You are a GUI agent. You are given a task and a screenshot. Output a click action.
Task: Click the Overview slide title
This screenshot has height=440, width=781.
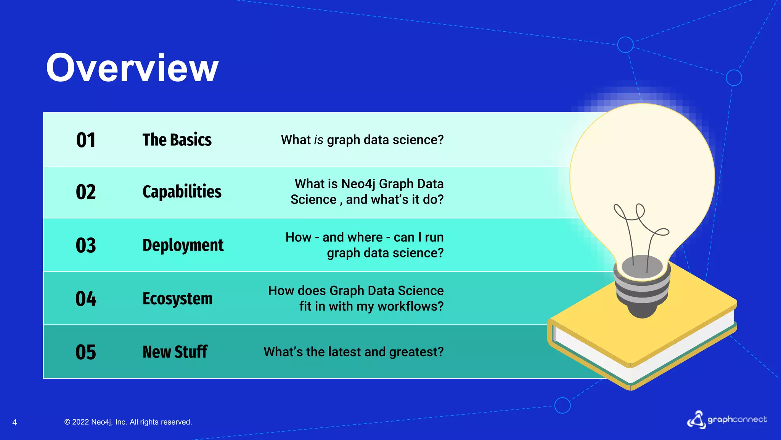[x=132, y=68]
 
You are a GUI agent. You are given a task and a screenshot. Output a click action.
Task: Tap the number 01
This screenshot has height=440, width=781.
[x=86, y=140]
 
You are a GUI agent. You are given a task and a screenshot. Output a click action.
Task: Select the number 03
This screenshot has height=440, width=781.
[x=86, y=245]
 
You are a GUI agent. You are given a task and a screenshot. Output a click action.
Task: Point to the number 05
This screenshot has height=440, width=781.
[x=86, y=352]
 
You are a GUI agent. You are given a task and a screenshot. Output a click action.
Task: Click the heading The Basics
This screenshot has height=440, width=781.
[x=177, y=140]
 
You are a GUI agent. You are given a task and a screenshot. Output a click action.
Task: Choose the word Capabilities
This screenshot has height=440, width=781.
[x=182, y=192]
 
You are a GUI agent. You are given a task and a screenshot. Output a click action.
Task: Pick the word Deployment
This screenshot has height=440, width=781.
[x=183, y=245]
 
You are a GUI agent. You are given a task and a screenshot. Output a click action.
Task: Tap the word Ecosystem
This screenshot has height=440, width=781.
[x=177, y=299]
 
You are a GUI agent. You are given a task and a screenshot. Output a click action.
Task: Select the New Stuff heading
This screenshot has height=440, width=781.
[x=175, y=352]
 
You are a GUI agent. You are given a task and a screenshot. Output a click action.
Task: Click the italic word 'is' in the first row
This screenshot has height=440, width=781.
[x=319, y=140]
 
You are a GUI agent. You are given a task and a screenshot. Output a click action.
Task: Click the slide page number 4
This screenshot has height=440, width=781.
[x=14, y=422]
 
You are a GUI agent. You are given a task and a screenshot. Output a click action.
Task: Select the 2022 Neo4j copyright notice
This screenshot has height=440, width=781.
[x=128, y=422]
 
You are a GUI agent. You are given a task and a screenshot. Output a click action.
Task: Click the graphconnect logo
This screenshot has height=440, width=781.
[x=727, y=420]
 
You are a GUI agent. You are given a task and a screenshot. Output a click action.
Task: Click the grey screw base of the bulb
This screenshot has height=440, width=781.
[x=642, y=294]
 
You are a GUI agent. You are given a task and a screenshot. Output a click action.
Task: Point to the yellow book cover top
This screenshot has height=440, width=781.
[x=686, y=317]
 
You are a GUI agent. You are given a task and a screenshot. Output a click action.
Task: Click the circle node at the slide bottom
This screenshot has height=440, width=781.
[x=562, y=405]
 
